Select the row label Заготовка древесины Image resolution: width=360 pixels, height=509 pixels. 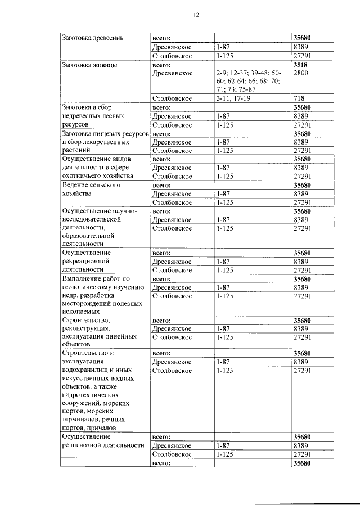click(x=93, y=39)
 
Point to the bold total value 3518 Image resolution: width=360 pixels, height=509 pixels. click(x=301, y=65)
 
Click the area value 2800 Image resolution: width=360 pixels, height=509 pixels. click(x=301, y=73)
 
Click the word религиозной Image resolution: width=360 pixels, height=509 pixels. click(x=87, y=445)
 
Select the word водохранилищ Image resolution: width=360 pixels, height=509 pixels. click(x=85, y=371)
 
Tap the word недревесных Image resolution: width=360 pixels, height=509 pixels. click(x=84, y=116)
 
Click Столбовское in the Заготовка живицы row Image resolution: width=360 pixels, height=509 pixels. click(x=172, y=98)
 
